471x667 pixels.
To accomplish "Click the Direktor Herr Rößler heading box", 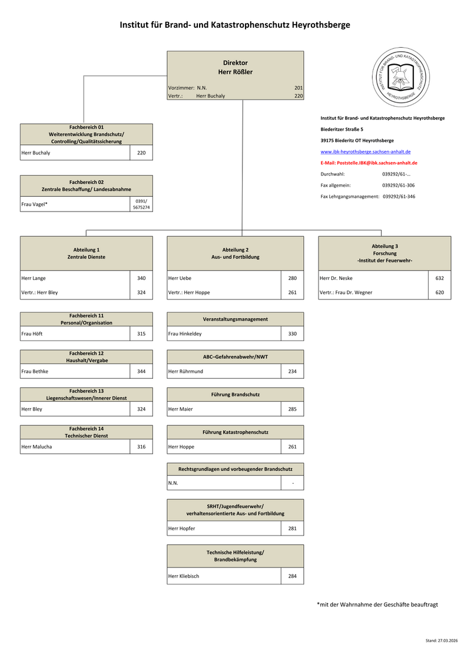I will tap(235, 67).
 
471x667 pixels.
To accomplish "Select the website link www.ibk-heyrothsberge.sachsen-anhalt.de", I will tap(366, 151).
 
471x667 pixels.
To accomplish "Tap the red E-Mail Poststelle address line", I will tap(369, 163).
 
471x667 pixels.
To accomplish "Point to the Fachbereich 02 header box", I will tap(87, 186).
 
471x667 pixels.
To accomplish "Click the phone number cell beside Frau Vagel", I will tap(141, 204).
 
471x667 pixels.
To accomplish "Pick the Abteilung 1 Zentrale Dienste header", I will tap(87, 253).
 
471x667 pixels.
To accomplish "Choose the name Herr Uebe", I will tap(180, 278).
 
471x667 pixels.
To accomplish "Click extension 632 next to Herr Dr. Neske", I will tap(440, 278).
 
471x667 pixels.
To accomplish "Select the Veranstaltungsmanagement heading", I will tap(235, 319).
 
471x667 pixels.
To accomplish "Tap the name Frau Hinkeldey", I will tap(185, 333).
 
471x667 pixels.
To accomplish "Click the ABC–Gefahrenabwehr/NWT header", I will tap(235, 356).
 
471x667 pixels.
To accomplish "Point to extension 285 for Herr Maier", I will tap(293, 409).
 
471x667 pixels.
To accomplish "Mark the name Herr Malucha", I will tap(37, 447).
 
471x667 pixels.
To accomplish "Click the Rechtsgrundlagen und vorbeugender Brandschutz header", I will tap(235, 469).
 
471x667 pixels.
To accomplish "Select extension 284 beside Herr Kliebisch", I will tap(293, 576).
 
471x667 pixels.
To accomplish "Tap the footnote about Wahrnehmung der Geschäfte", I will tap(377, 605).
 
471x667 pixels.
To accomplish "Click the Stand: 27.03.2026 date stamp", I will tap(442, 640).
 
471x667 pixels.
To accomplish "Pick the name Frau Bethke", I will tap(35, 371).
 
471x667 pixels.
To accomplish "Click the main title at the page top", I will tap(235, 25).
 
